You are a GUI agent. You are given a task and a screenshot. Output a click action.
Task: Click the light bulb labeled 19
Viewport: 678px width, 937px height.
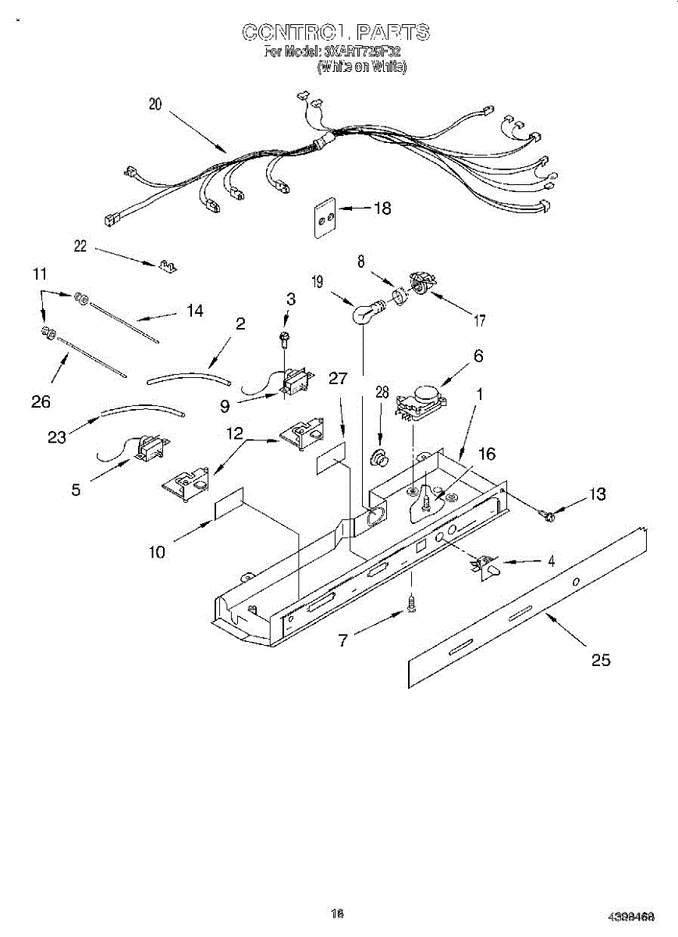click(363, 314)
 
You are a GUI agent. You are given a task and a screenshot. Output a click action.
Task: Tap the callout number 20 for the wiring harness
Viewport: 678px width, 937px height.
click(155, 105)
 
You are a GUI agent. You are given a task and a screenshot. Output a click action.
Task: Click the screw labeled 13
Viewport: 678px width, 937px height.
click(548, 514)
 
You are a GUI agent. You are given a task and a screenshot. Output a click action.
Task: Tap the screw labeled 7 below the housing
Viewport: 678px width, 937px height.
click(412, 602)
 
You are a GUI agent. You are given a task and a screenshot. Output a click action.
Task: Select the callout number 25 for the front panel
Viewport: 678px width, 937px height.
click(600, 660)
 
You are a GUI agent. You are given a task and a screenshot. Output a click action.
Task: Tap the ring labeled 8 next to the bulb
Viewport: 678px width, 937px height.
click(398, 296)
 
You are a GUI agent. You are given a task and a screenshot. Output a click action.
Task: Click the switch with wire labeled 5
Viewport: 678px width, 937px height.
click(145, 451)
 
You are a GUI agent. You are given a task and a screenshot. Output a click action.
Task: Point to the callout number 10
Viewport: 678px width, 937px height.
click(157, 552)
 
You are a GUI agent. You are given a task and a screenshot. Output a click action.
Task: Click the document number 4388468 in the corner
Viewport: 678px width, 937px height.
click(631, 916)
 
